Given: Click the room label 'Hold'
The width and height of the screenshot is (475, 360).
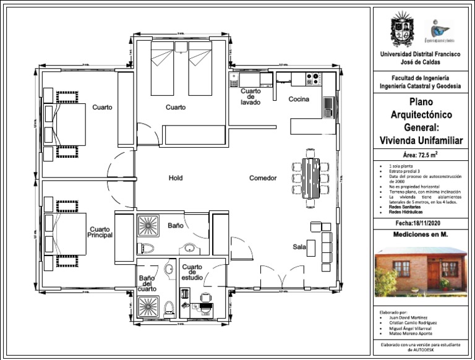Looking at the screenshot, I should click(176, 178).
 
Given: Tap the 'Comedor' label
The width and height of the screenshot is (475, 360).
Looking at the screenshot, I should click(263, 178).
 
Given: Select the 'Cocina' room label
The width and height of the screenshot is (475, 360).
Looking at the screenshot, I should click(299, 99).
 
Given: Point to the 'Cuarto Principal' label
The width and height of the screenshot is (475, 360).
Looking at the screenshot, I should click(100, 233).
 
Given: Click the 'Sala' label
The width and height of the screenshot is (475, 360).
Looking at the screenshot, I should click(299, 247).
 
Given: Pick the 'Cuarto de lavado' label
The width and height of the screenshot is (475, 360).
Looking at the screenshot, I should click(250, 96).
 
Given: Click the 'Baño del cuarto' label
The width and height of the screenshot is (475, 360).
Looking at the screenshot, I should click(147, 283).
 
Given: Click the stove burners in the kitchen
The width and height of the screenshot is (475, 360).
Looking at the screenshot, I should click(313, 79).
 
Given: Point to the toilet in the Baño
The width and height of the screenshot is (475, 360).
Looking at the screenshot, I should click(147, 249).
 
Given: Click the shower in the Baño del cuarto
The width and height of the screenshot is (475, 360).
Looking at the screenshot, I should click(148, 307).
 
